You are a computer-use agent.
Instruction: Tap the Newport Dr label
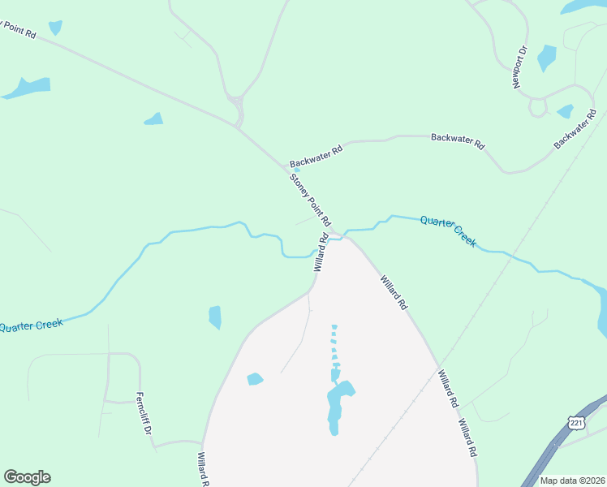click(520, 67)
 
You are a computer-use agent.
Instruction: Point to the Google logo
click(27, 477)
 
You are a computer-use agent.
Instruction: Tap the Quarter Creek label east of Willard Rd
click(448, 231)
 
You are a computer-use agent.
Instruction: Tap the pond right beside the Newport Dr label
click(546, 58)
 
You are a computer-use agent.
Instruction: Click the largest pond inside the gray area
click(338, 406)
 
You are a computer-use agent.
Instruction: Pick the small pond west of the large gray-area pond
click(255, 379)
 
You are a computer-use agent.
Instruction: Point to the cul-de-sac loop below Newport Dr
click(537, 106)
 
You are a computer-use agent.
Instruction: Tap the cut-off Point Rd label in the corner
click(19, 30)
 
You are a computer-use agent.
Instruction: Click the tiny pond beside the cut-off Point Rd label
click(55, 28)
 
